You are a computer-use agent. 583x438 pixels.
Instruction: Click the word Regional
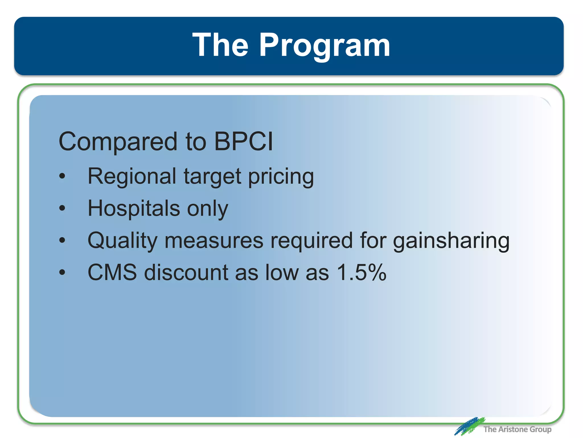(x=132, y=177)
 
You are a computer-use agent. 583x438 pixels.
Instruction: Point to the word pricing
(x=281, y=177)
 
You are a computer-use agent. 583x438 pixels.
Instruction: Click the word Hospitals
(x=134, y=208)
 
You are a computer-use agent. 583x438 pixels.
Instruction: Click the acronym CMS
(x=112, y=272)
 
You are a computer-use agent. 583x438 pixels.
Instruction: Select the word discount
(x=186, y=272)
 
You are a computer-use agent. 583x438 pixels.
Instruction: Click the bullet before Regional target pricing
(x=62, y=177)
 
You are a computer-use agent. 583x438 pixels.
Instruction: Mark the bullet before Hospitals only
(x=62, y=208)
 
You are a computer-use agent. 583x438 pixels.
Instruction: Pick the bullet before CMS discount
(x=62, y=273)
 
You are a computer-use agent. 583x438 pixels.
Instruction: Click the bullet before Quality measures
(x=62, y=241)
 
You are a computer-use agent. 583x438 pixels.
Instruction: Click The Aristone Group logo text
(x=517, y=429)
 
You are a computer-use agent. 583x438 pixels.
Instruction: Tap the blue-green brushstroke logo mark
(x=469, y=426)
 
